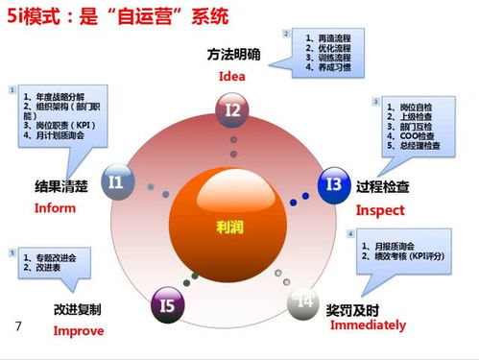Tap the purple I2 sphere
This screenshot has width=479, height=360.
click(233, 111)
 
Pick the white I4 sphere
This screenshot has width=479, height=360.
click(305, 301)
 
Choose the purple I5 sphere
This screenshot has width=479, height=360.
click(168, 305)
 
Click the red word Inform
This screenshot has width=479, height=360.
click(55, 208)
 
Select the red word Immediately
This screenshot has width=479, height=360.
click(368, 325)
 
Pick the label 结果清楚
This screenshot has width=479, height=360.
click(61, 187)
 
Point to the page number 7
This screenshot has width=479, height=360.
click(18, 326)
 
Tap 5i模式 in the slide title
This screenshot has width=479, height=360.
click(43, 16)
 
